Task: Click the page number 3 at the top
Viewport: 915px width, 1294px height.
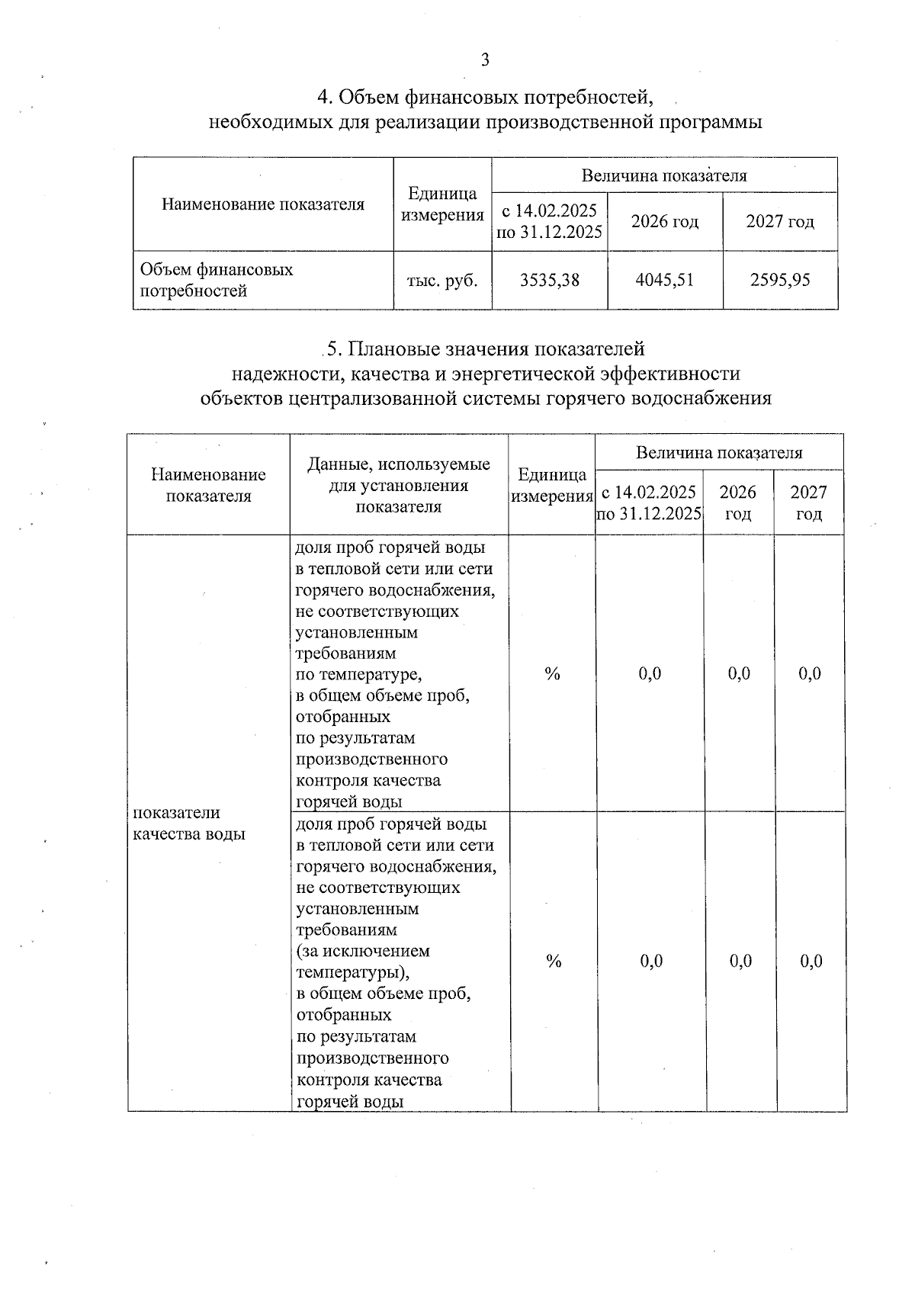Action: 485,60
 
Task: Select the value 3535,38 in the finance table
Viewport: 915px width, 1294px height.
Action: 549,280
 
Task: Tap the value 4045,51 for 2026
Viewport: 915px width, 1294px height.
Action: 665,280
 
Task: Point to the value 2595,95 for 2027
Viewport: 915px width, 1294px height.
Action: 780,280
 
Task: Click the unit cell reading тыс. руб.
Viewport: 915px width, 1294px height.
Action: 442,280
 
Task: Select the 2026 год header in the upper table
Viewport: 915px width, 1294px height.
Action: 665,221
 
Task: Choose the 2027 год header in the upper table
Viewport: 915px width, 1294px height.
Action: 780,221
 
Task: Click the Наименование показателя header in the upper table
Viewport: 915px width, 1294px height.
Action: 263,204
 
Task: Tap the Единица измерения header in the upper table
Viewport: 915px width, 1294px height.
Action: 442,204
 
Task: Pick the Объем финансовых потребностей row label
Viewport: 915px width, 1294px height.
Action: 216,280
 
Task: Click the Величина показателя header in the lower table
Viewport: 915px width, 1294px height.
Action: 719,452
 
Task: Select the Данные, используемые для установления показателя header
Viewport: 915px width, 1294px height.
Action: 398,485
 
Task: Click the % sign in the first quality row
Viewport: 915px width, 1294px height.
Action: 552,673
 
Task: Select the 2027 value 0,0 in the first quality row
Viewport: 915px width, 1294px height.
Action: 810,673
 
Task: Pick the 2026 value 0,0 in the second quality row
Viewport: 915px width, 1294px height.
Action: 740,961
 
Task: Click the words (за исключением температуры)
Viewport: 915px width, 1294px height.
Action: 362,962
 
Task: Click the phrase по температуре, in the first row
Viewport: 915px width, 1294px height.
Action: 358,675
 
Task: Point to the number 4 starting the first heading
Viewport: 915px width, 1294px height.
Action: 323,98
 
